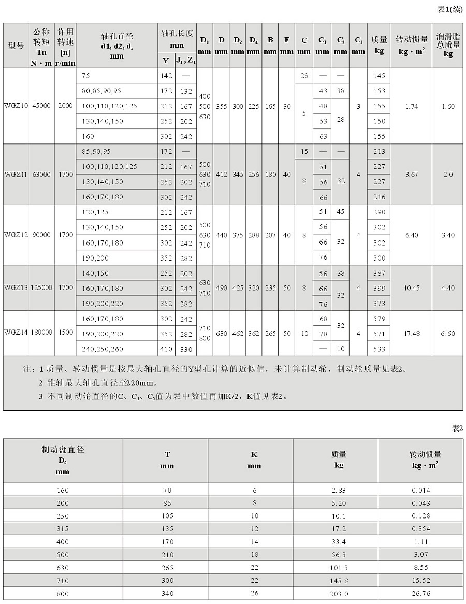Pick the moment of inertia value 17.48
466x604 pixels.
pos(412,334)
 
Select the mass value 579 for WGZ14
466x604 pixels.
pos(379,319)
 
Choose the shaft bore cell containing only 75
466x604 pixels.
pos(85,76)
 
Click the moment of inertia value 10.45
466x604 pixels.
pos(412,288)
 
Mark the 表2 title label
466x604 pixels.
pos(457,428)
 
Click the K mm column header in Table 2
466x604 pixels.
pos(254,460)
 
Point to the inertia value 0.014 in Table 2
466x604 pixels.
pos(420,489)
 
